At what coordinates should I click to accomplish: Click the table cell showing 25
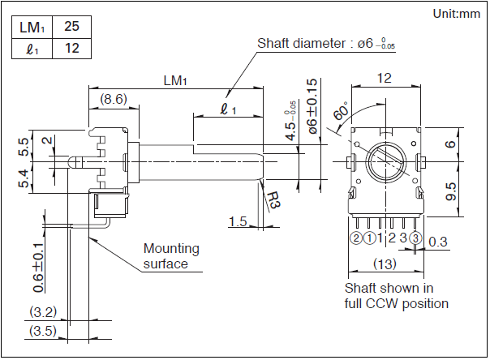[x=71, y=27]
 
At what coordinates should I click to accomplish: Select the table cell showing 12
[x=71, y=49]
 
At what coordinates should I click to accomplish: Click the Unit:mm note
[x=457, y=13]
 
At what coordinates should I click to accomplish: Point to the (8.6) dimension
[x=113, y=99]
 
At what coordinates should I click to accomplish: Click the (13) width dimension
[x=384, y=264]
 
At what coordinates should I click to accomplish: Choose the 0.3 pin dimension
[x=436, y=241]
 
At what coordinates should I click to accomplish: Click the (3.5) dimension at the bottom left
[x=42, y=331]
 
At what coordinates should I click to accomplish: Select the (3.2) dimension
[x=42, y=311]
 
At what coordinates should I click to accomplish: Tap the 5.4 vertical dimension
[x=24, y=179]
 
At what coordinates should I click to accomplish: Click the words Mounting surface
[x=170, y=256]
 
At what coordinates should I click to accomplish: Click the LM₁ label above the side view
[x=174, y=81]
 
